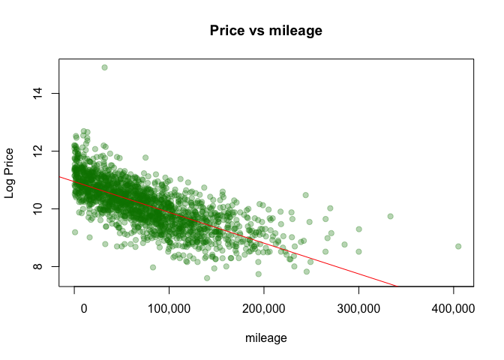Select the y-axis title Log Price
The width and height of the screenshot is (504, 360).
pos(10,172)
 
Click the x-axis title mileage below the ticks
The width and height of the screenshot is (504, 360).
pos(266,338)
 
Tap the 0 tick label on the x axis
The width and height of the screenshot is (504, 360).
pos(75,309)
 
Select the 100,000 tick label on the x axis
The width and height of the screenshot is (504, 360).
pos(169,309)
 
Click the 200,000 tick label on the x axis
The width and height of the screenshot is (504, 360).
pos(264,309)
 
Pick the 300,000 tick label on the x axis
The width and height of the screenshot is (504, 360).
pos(358,309)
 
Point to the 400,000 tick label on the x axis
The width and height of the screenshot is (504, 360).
pos(453,309)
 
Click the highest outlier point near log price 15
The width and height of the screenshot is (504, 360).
pos(104,67)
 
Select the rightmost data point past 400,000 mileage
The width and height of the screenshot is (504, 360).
pos(457,246)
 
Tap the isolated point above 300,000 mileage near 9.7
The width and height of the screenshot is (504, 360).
pos(390,216)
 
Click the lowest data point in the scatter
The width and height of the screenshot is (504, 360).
pos(207,277)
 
